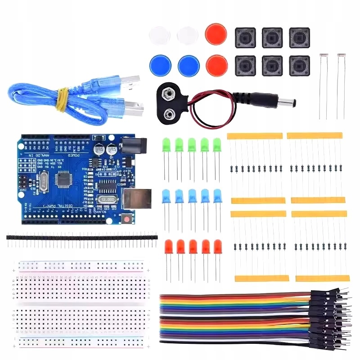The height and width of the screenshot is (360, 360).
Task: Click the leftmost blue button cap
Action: (160, 65)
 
